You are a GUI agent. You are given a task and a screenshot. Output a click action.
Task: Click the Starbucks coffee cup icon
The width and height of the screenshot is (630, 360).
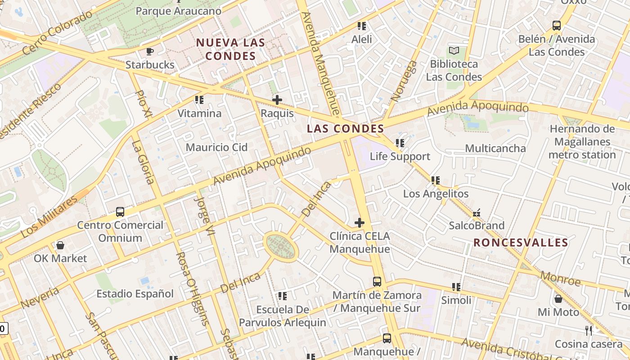pyautogui.click(x=150, y=51)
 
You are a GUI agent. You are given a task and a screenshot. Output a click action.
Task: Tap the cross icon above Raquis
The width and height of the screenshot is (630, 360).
pyautogui.click(x=277, y=100)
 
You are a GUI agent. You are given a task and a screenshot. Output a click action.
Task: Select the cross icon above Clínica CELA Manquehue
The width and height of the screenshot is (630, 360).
pyautogui.click(x=360, y=222)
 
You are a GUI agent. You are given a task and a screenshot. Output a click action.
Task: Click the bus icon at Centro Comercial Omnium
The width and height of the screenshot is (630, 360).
pyautogui.click(x=120, y=211)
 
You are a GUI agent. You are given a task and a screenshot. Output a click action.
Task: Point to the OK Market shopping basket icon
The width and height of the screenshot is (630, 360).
pyautogui.click(x=60, y=245)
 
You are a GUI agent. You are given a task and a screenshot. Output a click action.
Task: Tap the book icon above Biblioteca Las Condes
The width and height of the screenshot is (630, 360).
pyautogui.click(x=454, y=50)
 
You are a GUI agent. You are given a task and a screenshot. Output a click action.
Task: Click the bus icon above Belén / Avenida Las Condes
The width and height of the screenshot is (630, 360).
pyautogui.click(x=557, y=26)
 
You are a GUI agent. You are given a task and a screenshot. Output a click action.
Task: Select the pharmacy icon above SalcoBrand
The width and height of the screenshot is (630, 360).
pyautogui.click(x=477, y=212)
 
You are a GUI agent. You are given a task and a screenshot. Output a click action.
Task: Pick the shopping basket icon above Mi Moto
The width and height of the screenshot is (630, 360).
pyautogui.click(x=558, y=299)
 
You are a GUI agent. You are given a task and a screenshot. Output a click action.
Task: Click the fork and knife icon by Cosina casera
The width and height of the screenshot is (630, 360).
pyautogui.click(x=589, y=331)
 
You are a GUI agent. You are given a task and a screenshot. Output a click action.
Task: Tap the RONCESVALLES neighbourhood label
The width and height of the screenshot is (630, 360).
pyautogui.click(x=521, y=243)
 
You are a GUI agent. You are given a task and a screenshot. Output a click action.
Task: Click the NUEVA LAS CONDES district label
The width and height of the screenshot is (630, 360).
pyautogui.click(x=230, y=49)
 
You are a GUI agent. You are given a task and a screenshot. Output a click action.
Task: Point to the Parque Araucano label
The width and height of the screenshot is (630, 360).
pyautogui.click(x=178, y=11)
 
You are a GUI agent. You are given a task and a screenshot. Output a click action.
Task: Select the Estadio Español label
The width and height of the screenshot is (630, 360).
pyautogui.click(x=135, y=294)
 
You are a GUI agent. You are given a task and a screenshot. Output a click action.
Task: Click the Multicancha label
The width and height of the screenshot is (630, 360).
pyautogui.click(x=495, y=148)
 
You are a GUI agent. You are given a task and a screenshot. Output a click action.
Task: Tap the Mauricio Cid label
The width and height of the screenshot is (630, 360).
pyautogui.click(x=216, y=147)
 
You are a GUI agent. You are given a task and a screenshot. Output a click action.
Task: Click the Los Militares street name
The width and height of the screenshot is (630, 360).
pyautogui.click(x=49, y=217)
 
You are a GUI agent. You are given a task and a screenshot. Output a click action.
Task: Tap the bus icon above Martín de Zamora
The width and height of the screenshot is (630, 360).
pyautogui.click(x=377, y=282)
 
